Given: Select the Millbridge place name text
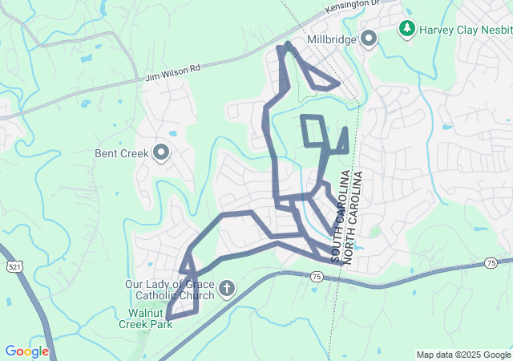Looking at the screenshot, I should click(x=332, y=39).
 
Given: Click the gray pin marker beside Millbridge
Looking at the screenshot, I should click(x=369, y=38).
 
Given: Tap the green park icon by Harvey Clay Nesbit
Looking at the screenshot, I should click(x=408, y=29).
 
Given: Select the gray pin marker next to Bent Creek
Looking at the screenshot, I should click(x=161, y=152).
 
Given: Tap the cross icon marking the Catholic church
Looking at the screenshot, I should click(x=227, y=288).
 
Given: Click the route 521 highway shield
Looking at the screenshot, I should click(x=13, y=266).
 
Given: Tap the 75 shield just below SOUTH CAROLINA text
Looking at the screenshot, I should click(x=317, y=277).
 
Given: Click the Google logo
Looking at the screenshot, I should click(x=26, y=351).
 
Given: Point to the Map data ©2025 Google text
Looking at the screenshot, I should click(x=463, y=355).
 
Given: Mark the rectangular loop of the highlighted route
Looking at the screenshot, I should click(x=313, y=131).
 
